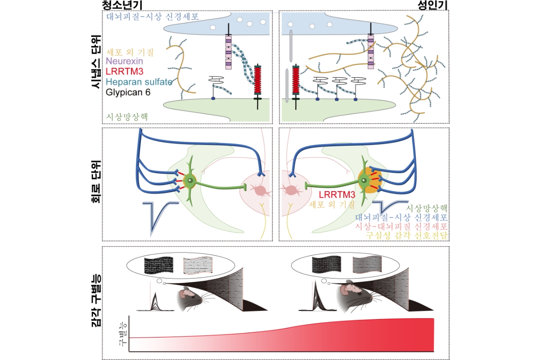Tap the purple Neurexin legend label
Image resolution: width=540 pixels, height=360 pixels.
124,60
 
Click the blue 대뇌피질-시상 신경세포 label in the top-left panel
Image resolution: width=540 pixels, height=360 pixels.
153,17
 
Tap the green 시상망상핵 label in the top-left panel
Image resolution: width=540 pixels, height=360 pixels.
128,116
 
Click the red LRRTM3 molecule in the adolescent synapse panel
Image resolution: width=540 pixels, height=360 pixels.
258,81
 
